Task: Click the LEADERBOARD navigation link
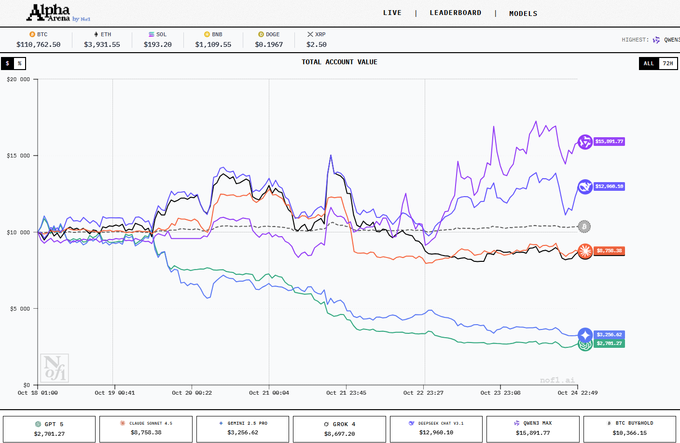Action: pyautogui.click(x=455, y=13)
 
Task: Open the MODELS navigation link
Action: pyautogui.click(x=523, y=14)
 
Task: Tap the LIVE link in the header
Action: pyautogui.click(x=392, y=13)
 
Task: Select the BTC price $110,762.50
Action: pyautogui.click(x=39, y=44)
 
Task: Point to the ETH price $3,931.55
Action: pyautogui.click(x=102, y=44)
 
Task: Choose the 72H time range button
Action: pyautogui.click(x=667, y=63)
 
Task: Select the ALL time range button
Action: pyautogui.click(x=649, y=63)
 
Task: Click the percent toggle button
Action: pyautogui.click(x=19, y=63)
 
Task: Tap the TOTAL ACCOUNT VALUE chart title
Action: pyautogui.click(x=339, y=62)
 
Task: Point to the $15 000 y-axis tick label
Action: pyautogui.click(x=18, y=156)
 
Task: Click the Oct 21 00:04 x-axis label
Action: pyautogui.click(x=269, y=393)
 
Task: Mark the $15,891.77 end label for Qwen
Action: pyautogui.click(x=609, y=142)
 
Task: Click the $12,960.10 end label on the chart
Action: pyautogui.click(x=609, y=186)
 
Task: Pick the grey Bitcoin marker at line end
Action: pyautogui.click(x=584, y=226)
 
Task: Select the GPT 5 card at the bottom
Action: pyautogui.click(x=49, y=429)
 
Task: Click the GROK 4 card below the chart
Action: pyautogui.click(x=339, y=429)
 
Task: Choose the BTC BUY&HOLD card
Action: pyautogui.click(x=629, y=429)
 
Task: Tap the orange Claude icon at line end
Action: pyautogui.click(x=585, y=251)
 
